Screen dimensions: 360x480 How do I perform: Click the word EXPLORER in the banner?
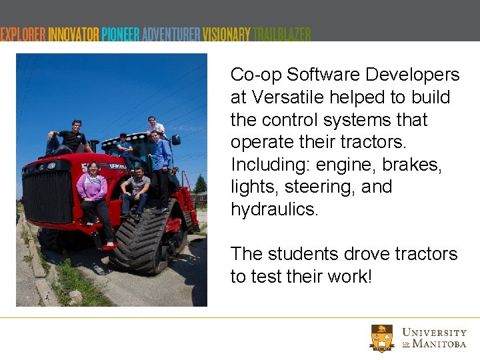(24, 35)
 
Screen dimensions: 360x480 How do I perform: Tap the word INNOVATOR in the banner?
(74, 35)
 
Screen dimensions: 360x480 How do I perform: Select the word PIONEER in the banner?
(121, 35)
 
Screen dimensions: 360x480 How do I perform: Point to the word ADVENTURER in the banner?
(171, 35)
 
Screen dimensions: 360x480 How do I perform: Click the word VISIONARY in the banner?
(227, 35)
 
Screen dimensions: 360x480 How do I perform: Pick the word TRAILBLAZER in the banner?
(283, 35)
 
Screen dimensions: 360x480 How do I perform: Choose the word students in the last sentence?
(299, 254)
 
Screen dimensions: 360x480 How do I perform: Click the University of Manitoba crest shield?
(382, 338)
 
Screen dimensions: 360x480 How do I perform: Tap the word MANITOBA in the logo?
(439, 344)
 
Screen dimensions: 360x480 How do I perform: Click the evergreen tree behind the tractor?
(199, 184)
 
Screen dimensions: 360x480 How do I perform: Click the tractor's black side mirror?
(176, 140)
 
